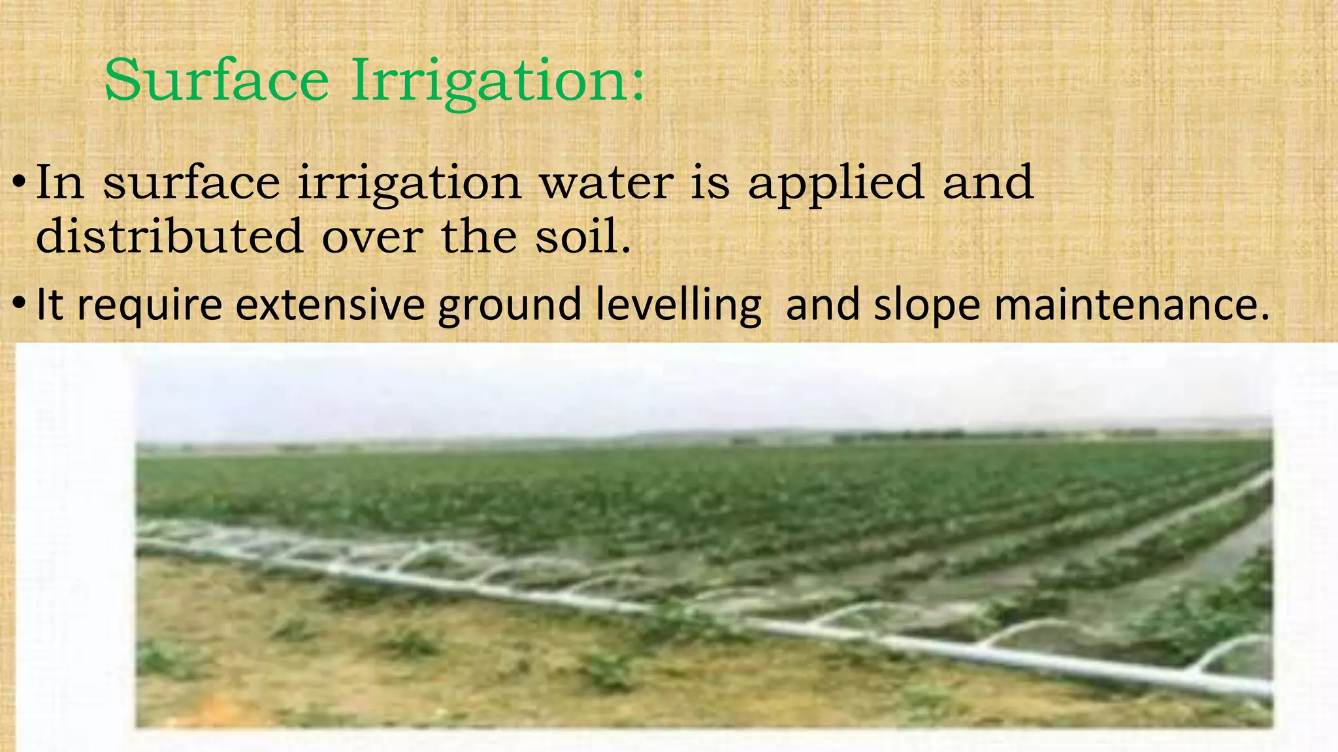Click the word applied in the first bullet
click(836, 183)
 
